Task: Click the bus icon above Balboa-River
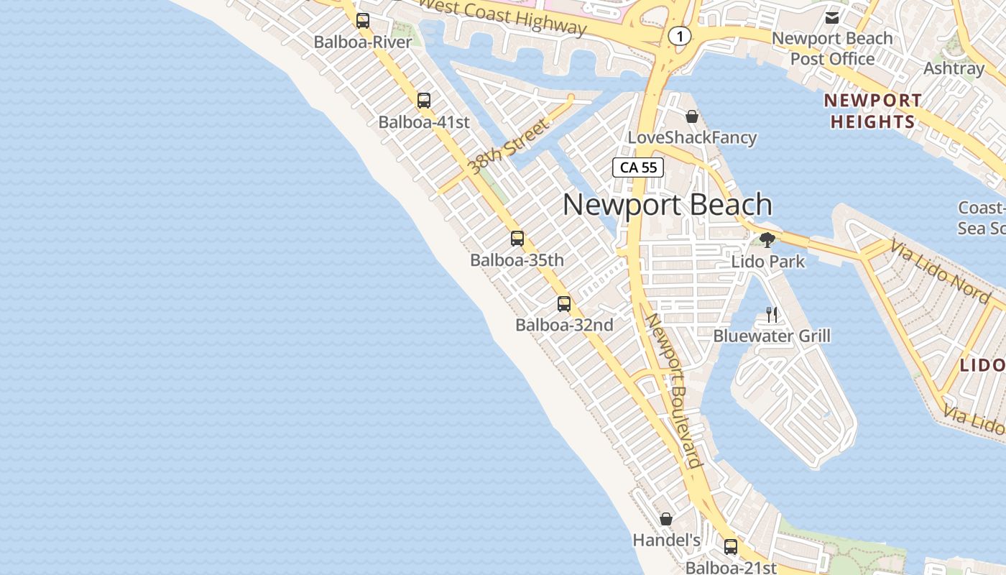pos(363,21)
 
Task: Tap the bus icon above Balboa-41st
pos(424,101)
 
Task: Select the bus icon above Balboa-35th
pos(517,239)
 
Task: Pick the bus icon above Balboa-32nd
pos(564,304)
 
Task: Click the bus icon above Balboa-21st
pos(731,547)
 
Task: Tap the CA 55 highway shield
pos(638,167)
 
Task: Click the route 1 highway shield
pos(679,35)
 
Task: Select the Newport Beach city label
pos(667,205)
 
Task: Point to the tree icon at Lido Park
pos(767,240)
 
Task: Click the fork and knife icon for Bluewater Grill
pos(772,314)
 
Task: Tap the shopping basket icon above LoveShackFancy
pos(692,116)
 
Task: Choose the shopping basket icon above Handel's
pos(666,519)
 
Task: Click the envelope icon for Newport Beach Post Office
pos(832,17)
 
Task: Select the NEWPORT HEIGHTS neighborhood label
pos(873,111)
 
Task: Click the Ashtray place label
pos(954,68)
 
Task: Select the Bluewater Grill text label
pos(772,336)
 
